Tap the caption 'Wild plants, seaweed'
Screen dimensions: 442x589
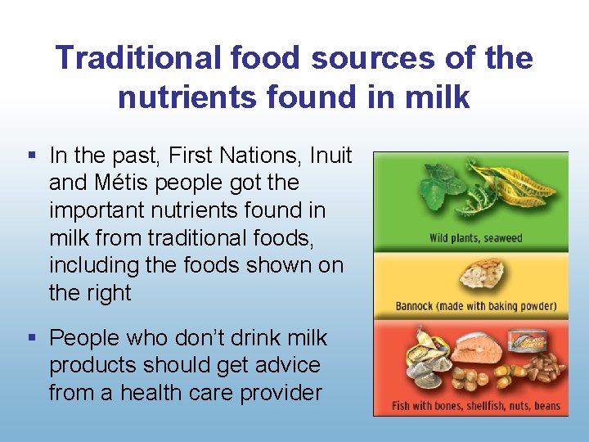point(475,239)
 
